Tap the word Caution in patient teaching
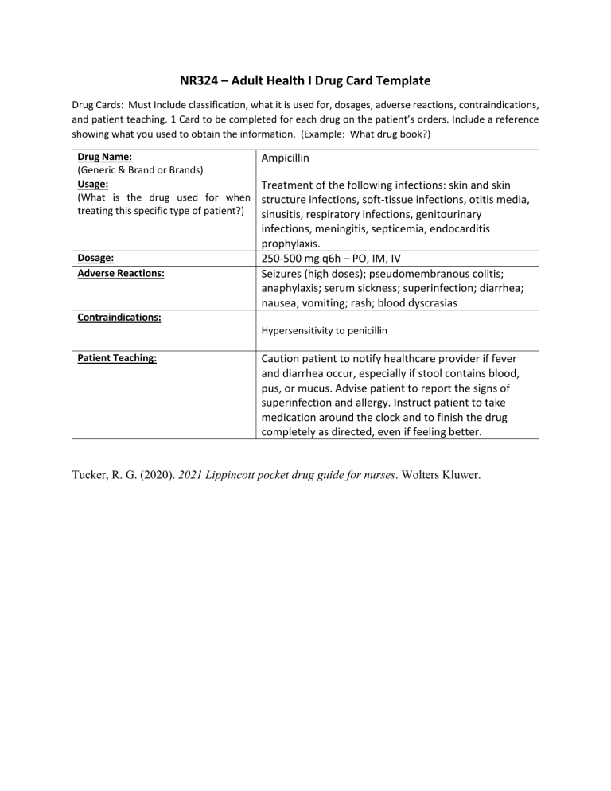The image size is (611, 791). point(285,359)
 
